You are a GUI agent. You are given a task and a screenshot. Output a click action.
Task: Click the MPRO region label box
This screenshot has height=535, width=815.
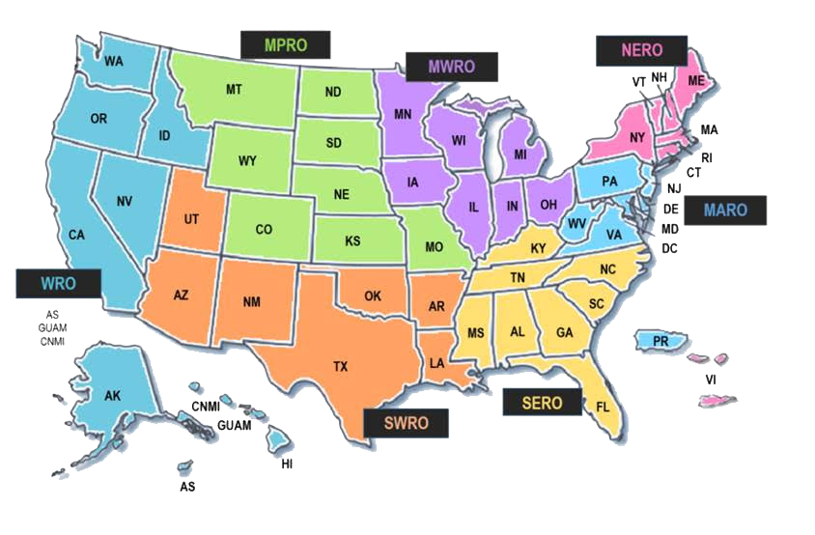coord(285,44)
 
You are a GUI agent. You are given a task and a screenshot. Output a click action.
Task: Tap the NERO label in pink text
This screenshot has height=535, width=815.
coord(640,50)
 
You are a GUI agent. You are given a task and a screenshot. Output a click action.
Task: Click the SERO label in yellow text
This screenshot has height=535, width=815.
coord(542,403)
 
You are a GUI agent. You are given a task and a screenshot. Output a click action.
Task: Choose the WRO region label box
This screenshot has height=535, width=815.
coord(58,284)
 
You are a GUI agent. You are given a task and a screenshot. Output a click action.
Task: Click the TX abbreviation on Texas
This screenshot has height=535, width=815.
coord(341,366)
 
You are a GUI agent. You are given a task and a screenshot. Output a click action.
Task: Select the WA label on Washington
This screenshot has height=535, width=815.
coord(114,62)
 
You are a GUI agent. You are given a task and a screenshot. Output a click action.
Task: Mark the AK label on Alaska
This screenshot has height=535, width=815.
coord(112,395)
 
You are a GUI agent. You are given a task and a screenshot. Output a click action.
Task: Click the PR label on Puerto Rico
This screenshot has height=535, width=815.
coord(661,342)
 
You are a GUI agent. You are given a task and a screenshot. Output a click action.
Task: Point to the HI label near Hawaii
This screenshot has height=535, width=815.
coord(287,465)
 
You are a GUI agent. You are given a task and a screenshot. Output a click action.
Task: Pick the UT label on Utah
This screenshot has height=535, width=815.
coord(191,219)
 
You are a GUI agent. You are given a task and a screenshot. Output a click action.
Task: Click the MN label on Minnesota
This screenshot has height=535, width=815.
coord(405,114)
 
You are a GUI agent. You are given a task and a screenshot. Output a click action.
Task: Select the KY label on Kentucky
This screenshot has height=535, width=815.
coord(539,249)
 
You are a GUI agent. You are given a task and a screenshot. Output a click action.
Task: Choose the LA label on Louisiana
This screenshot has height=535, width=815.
coord(436,363)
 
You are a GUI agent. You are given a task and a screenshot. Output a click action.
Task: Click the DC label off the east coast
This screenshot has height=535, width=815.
coord(669,248)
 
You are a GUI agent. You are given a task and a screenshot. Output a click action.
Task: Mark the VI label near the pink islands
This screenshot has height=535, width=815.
coord(711,380)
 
